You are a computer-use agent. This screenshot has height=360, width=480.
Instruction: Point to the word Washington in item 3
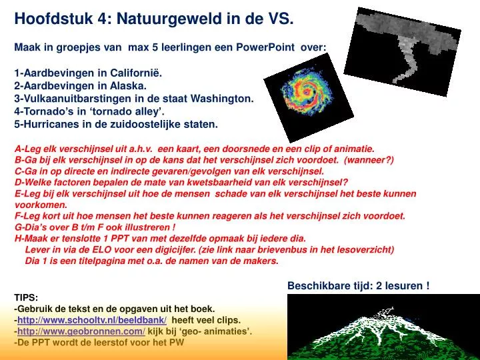coord(222,99)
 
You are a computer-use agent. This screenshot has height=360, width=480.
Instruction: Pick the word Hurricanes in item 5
coord(51,124)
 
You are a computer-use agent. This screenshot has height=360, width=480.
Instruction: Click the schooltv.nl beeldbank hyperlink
coord(92,320)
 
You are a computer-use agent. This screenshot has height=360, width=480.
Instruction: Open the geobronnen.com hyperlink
coord(81,331)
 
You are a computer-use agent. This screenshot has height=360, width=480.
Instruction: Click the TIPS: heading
coord(26,297)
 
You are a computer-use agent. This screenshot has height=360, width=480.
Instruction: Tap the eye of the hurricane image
coord(306,91)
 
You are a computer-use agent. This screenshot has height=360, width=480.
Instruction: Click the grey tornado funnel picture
coord(403,51)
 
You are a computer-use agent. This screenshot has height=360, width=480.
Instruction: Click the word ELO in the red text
coord(101,250)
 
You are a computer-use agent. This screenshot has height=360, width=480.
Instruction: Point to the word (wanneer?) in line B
coord(369,160)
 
